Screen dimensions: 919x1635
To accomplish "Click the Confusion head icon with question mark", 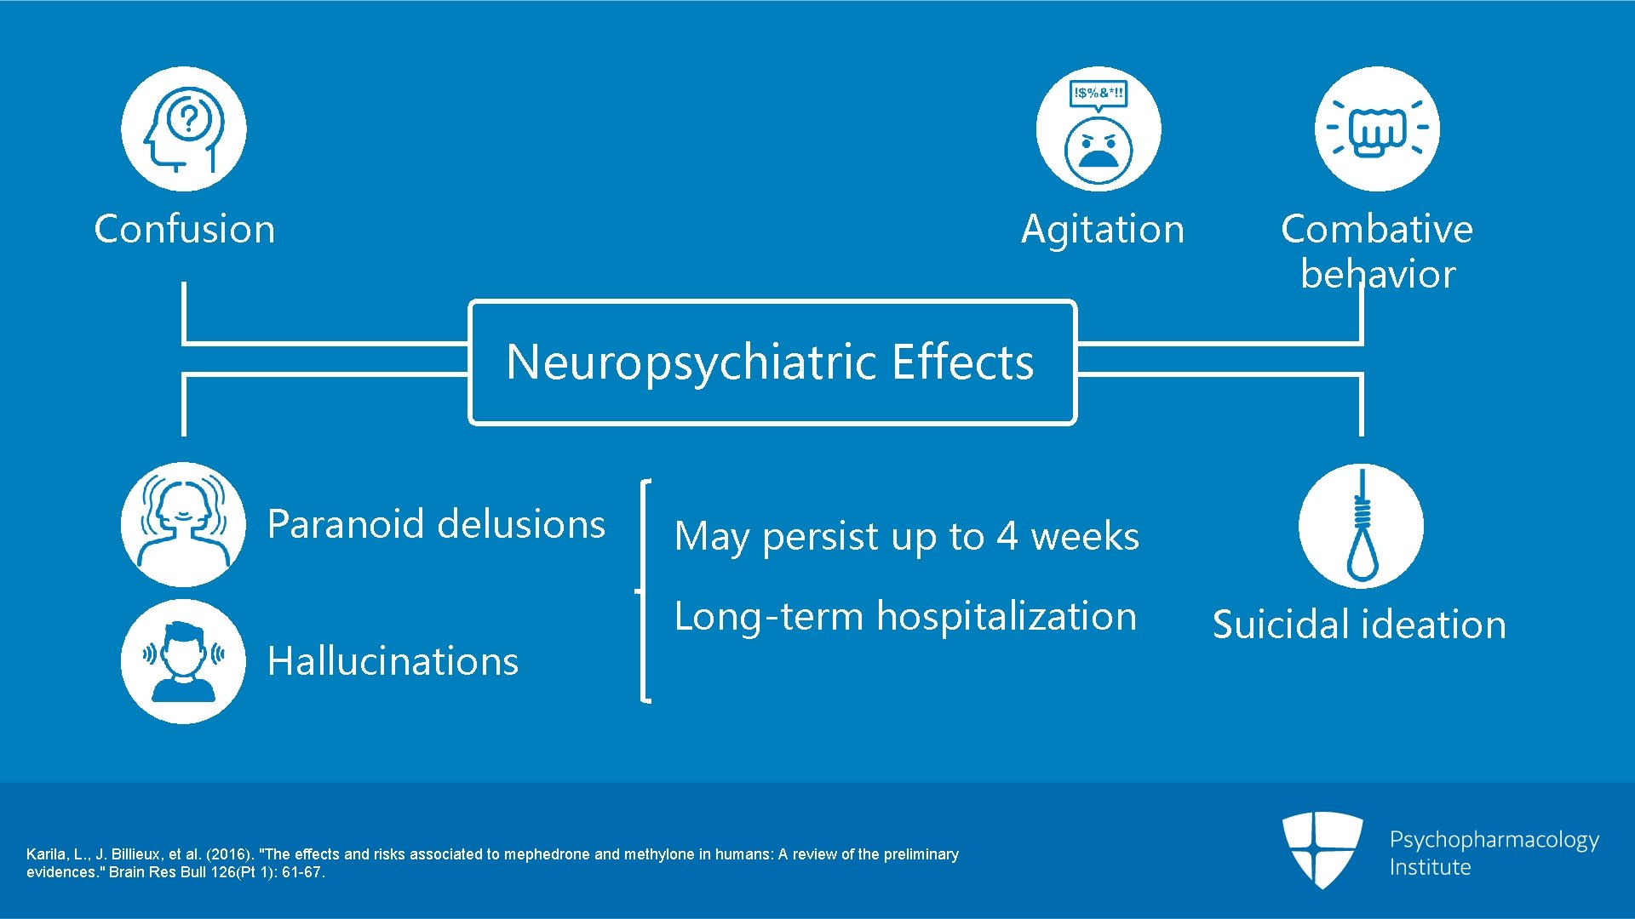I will point(183,129).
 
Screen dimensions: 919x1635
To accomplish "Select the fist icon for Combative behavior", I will point(1377,129).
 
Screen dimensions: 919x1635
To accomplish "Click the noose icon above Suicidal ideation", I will point(1361,526).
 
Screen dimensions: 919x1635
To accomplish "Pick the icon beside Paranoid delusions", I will point(183,524).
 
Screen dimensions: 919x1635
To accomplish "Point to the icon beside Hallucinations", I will point(183,661).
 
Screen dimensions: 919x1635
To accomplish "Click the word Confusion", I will point(185,229).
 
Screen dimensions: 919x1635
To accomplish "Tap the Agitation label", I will point(1103,229).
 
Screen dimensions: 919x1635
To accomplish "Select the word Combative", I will point(1376,229).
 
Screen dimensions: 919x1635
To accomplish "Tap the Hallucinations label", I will point(393,661).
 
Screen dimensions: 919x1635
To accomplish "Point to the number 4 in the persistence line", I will point(1007,536).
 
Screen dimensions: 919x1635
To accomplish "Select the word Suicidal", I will point(1274,625).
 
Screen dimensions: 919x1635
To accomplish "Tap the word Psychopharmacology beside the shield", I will point(1494,840).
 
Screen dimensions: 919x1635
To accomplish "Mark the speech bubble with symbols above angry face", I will point(1099,93).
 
